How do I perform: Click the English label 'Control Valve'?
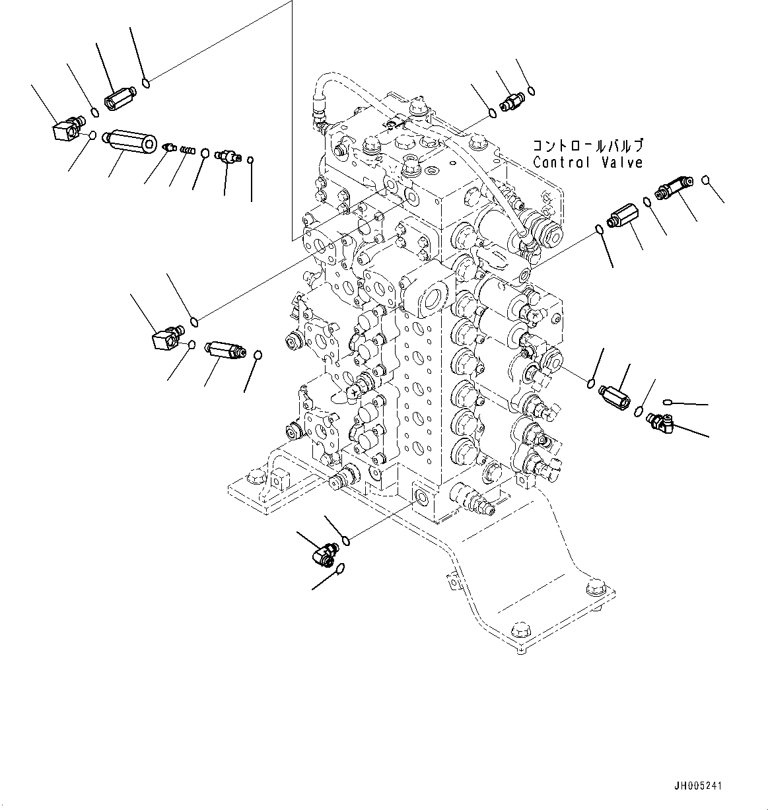click(588, 162)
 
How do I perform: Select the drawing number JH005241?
click(698, 786)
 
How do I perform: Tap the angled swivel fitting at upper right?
click(672, 188)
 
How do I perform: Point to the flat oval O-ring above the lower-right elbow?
click(668, 401)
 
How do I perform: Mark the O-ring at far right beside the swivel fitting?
click(706, 179)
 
